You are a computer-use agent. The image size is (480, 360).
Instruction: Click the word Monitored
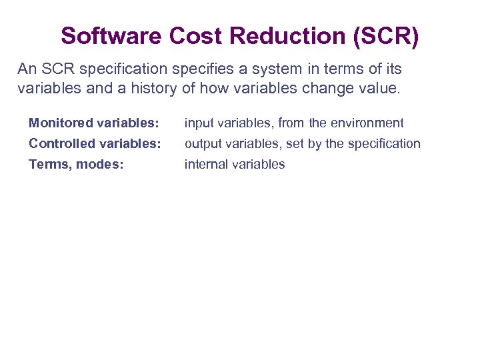tap(61, 123)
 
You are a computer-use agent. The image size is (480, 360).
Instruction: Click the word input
tap(198, 123)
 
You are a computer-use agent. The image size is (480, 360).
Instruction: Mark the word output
tap(202, 144)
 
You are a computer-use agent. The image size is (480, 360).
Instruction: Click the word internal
tap(206, 165)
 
